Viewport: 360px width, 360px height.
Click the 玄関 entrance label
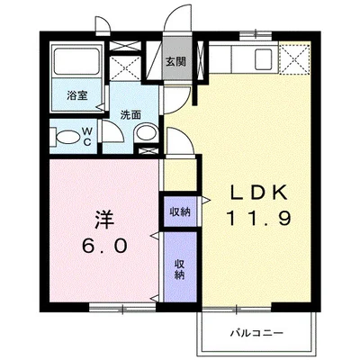176,62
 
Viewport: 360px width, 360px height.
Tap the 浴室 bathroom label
77,95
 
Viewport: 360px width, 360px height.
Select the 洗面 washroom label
130,115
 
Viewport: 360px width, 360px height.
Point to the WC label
87,137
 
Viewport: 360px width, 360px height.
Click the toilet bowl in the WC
66,138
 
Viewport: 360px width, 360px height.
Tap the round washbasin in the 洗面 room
146,132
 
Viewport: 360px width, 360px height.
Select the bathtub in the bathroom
76,61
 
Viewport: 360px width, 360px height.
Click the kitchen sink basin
263,58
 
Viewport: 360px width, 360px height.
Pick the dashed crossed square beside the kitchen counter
294,59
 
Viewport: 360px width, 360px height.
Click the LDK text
258,193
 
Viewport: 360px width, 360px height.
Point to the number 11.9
258,218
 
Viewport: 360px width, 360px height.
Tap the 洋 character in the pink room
104,220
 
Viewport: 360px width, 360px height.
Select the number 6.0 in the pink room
104,246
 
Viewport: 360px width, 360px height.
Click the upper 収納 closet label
180,211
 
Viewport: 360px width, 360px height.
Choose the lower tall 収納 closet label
179,270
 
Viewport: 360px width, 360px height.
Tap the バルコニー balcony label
256,333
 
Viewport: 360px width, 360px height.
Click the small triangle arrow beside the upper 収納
206,200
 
